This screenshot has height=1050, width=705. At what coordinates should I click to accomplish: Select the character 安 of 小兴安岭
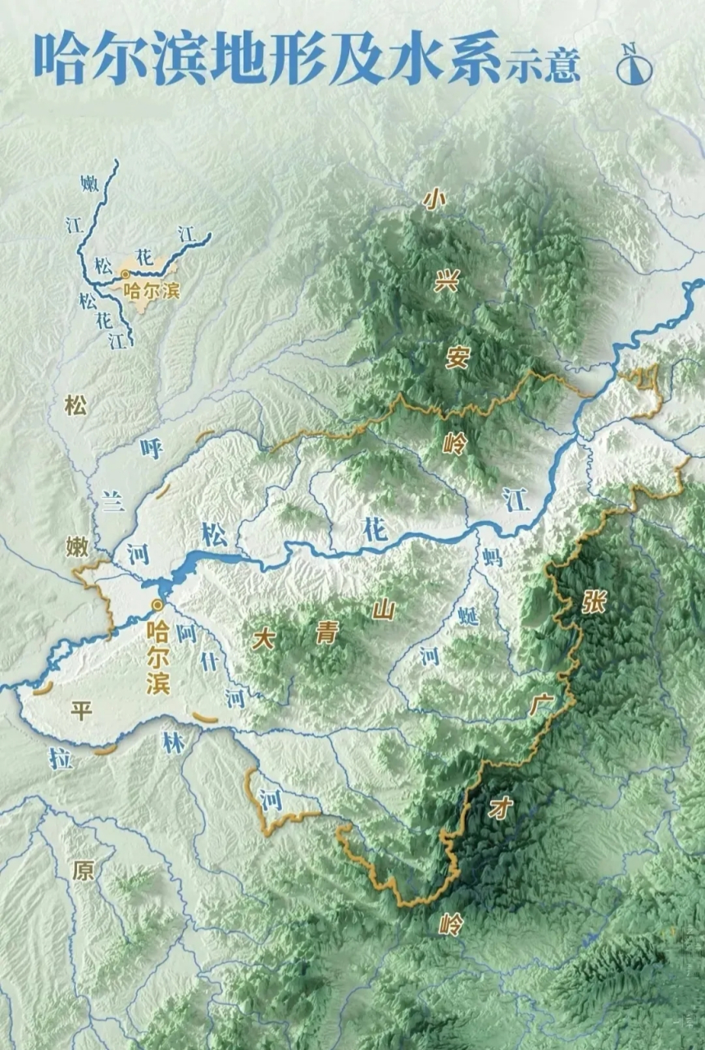457,357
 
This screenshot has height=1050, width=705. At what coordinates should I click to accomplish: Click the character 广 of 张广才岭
541,705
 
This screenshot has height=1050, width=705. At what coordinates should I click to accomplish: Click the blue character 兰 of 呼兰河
113,502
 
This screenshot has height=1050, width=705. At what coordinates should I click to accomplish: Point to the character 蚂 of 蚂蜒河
492,558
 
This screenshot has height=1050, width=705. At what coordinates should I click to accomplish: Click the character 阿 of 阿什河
188,632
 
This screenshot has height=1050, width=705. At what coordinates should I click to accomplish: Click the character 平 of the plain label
80,710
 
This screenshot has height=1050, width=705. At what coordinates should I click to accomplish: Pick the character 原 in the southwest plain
83,870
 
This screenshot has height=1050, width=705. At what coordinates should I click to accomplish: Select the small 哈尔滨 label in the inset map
151,290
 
